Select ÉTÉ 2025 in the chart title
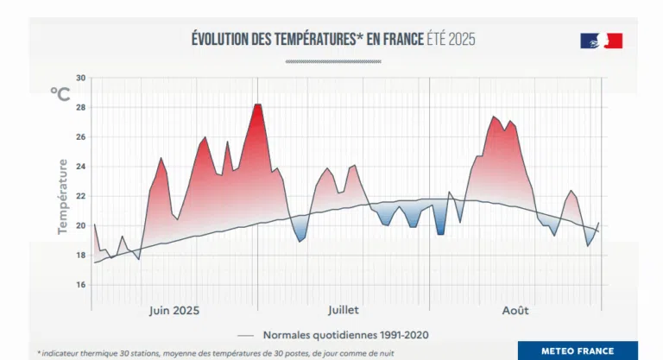[451, 39]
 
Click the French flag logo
[601, 41]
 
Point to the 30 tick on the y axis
[80, 78]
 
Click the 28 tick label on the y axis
[80, 107]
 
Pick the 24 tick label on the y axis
[80, 167]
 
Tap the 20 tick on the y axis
[80, 226]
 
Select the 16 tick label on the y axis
[80, 285]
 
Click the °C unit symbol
[60, 93]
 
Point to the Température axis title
[62, 196]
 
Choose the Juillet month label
[343, 310]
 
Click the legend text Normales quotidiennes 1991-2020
[345, 334]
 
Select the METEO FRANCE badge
[578, 351]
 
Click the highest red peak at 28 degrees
[257, 104]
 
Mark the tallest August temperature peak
[494, 117]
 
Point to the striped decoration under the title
[332, 61]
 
